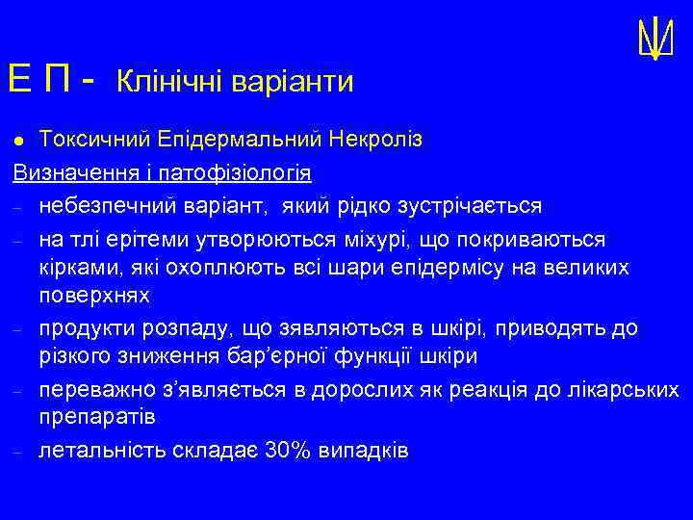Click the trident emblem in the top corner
click(x=654, y=38)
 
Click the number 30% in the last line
click(x=285, y=450)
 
